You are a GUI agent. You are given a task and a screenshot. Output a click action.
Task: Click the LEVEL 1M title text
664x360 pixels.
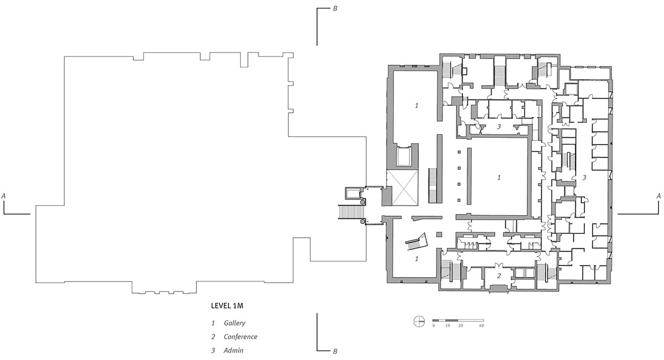pyautogui.click(x=227, y=306)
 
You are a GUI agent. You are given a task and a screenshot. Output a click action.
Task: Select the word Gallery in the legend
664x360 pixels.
pyautogui.click(x=235, y=323)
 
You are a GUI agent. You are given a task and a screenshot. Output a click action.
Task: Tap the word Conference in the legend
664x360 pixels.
pyautogui.click(x=240, y=337)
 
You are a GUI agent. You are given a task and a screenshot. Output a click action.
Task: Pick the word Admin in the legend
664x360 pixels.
pyautogui.click(x=234, y=350)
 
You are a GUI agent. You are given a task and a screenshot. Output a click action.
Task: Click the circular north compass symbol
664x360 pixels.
pyautogui.click(x=419, y=321)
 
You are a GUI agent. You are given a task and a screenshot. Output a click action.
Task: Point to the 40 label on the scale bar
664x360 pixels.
pyautogui.click(x=481, y=326)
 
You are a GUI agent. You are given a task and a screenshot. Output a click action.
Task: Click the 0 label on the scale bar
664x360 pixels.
pyautogui.click(x=434, y=326)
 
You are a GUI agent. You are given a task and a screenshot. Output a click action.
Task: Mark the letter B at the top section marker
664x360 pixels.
pyautogui.click(x=335, y=9)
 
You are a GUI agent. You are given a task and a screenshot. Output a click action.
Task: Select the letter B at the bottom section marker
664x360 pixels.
pyautogui.click(x=335, y=351)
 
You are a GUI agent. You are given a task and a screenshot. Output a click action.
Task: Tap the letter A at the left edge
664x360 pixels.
pyautogui.click(x=3, y=196)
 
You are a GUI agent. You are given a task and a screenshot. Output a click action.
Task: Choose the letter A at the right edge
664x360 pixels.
pyautogui.click(x=658, y=196)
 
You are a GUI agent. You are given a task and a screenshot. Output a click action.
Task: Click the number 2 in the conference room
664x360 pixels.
pyautogui.click(x=499, y=275)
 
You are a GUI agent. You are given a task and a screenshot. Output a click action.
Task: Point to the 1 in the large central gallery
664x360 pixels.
pyautogui.click(x=499, y=178)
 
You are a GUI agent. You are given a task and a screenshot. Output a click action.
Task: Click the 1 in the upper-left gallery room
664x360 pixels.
pyautogui.click(x=417, y=105)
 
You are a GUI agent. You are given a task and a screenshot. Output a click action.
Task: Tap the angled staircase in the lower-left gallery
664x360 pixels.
pyautogui.click(x=417, y=242)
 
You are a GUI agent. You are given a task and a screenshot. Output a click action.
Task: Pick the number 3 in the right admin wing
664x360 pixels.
pyautogui.click(x=584, y=178)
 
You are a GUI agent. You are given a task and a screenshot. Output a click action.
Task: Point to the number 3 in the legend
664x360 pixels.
pyautogui.click(x=213, y=350)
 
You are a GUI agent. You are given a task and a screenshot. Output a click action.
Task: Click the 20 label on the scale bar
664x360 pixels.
pyautogui.click(x=460, y=326)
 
